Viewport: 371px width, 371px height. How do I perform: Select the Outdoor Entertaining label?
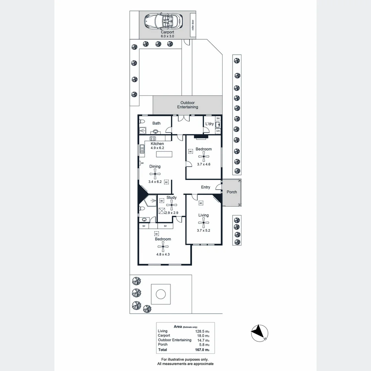click(x=188, y=105)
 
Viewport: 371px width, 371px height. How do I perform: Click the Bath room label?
click(x=156, y=123)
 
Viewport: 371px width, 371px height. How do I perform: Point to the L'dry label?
click(x=209, y=124)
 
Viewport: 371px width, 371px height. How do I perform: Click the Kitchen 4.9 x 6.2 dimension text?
click(x=157, y=148)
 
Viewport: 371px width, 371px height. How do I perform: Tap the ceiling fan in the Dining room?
click(x=155, y=174)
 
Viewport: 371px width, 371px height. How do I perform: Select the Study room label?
click(x=171, y=198)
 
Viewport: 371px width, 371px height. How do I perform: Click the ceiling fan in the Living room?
click(x=203, y=223)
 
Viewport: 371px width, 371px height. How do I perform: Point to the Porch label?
click(x=232, y=192)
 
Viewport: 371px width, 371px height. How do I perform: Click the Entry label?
click(x=205, y=187)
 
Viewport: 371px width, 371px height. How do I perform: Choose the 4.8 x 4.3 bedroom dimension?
click(x=163, y=255)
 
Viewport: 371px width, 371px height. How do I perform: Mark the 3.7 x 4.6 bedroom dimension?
click(x=204, y=164)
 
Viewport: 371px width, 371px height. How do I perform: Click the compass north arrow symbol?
click(x=260, y=333)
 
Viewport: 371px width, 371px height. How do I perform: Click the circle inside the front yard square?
click(x=160, y=294)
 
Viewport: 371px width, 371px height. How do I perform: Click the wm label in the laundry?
click(x=218, y=131)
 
